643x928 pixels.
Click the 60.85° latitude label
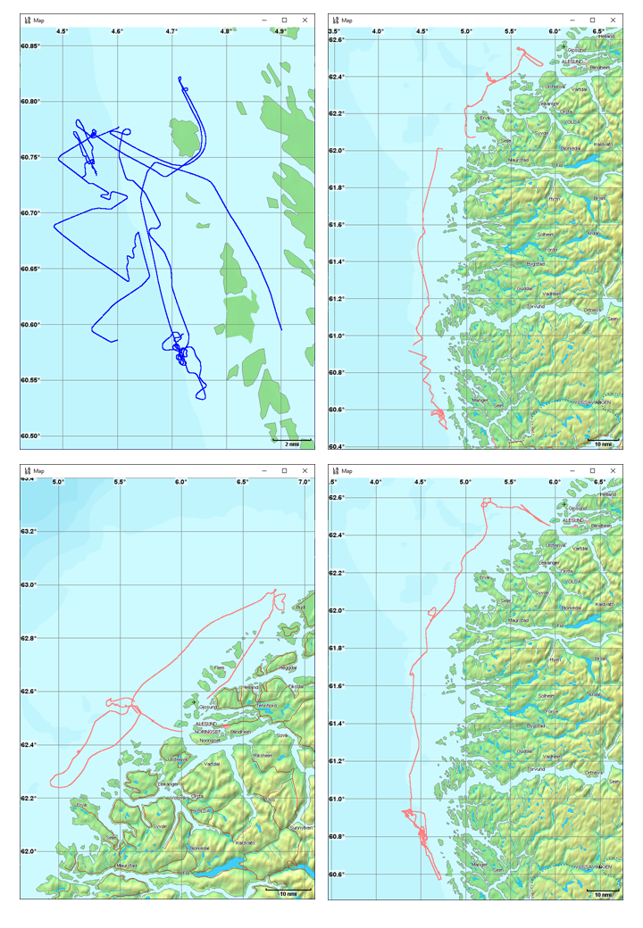coord(31,46)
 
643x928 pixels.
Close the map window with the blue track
coord(305,20)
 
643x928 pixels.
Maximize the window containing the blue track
coord(284,20)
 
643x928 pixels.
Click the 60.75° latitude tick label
coord(31,157)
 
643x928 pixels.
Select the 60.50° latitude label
coord(31,435)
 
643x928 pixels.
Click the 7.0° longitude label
coord(304,482)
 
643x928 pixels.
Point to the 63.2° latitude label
coord(31,532)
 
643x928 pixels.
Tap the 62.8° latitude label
coord(31,638)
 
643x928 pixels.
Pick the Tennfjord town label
coord(266,706)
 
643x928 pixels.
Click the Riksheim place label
coord(263,756)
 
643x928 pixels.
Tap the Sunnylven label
coord(301,827)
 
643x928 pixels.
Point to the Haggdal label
coord(288,668)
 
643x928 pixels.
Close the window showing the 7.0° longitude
coord(305,470)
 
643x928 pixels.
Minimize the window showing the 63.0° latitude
coord(263,470)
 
